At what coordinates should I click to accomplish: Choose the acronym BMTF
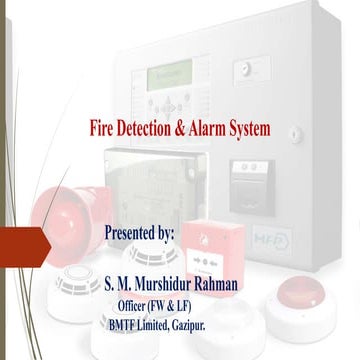[x=127, y=324]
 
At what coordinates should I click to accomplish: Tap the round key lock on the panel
[x=243, y=70]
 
